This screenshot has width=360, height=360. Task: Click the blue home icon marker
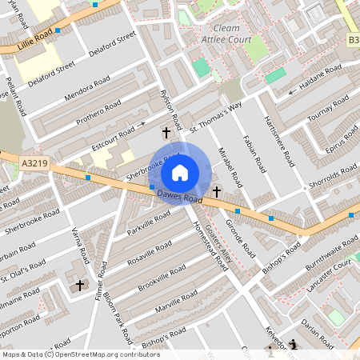[x=180, y=173]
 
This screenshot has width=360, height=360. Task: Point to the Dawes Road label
[x=177, y=194]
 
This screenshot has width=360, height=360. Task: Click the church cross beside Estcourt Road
[x=166, y=131]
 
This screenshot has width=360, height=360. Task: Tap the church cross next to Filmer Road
[x=80, y=284]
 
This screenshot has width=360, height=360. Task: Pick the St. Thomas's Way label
[x=215, y=117]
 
